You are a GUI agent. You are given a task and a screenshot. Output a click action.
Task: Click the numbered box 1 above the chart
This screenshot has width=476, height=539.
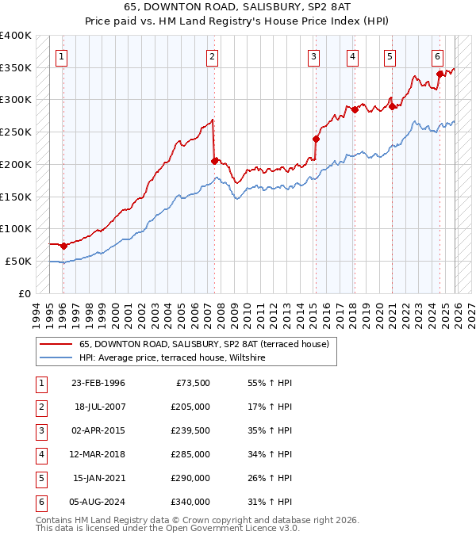(62, 56)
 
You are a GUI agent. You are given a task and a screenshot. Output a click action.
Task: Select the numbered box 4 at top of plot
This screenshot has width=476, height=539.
(352, 56)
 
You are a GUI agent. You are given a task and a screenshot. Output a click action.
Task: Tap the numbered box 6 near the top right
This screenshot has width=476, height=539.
(437, 56)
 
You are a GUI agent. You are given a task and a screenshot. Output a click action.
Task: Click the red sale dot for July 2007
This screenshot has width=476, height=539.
(214, 161)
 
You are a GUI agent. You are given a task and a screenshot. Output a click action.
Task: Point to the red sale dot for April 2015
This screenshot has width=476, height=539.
(316, 139)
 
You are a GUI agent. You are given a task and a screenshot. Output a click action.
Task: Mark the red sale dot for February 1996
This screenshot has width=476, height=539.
(63, 246)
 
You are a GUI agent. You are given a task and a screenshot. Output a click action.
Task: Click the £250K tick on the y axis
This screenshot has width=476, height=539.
(15, 132)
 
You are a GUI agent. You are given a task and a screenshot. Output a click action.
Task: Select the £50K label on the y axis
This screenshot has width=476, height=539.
(18, 261)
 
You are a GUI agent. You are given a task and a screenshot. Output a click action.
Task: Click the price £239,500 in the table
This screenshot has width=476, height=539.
(190, 431)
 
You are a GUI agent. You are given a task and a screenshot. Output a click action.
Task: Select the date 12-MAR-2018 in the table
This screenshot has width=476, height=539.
(98, 455)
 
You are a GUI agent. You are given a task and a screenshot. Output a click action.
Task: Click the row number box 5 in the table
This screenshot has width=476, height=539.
(40, 479)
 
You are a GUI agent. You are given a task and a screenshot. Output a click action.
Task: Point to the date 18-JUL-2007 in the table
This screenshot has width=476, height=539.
(98, 407)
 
